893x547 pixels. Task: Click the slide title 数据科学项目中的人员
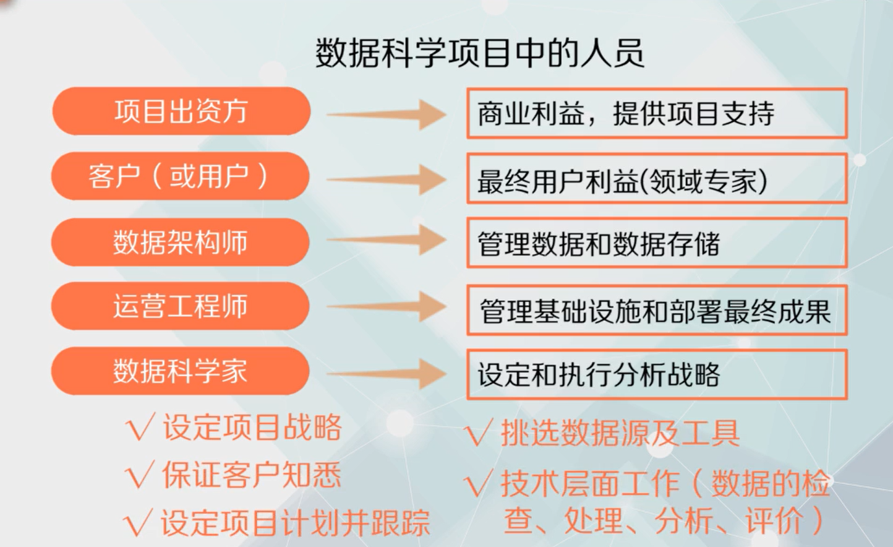(480, 53)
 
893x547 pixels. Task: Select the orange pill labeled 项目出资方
(181, 111)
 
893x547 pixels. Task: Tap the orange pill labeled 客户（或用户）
(180, 176)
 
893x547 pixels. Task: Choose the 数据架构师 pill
(180, 242)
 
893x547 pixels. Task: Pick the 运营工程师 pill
(180, 306)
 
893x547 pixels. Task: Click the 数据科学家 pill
(180, 371)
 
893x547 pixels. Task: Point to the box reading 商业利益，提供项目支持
(656, 114)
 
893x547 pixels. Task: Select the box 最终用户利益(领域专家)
(656, 179)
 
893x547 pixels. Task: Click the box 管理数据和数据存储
(656, 243)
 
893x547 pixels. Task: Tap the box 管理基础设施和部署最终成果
(656, 310)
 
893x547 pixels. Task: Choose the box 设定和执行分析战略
(656, 374)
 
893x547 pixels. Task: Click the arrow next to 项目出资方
(387, 114)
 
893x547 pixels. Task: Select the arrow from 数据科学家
(387, 373)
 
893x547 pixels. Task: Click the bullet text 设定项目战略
(252, 428)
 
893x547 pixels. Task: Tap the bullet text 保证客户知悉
(251, 475)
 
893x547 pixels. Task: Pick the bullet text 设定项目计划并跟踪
(295, 523)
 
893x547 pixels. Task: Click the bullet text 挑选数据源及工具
(620, 433)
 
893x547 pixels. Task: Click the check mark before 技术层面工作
(479, 485)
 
